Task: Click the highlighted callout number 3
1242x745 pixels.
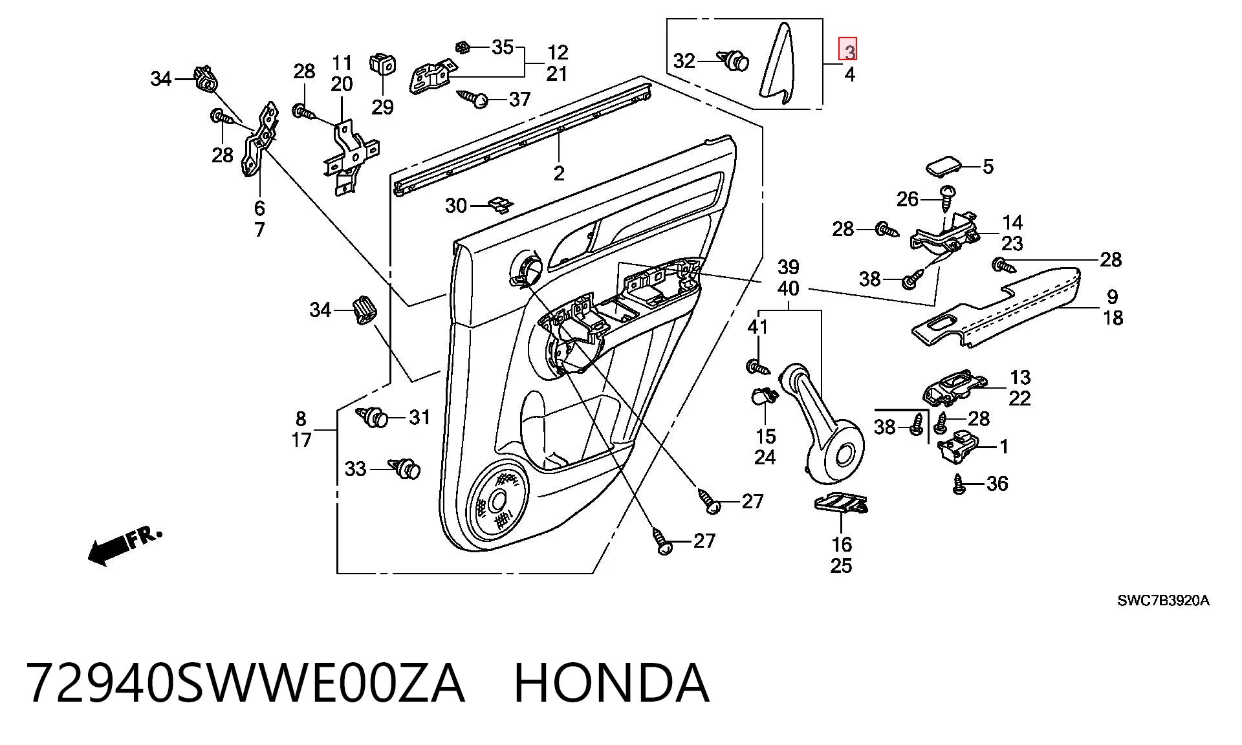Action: tap(849, 49)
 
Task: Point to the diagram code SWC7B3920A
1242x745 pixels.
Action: tap(1163, 601)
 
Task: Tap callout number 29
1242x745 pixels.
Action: tap(382, 107)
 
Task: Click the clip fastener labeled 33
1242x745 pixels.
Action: tap(405, 468)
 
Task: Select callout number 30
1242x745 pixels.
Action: tap(456, 206)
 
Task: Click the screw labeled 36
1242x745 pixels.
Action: tap(959, 484)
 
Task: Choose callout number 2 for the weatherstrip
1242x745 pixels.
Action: tap(559, 173)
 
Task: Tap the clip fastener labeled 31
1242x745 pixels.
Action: tap(373, 417)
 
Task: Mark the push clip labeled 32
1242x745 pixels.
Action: tap(734, 61)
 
